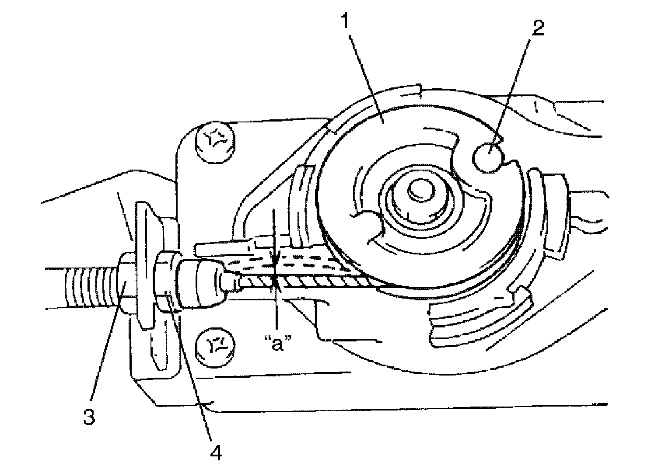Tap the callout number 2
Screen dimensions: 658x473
(x=538, y=29)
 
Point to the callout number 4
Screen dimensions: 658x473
(x=216, y=453)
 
